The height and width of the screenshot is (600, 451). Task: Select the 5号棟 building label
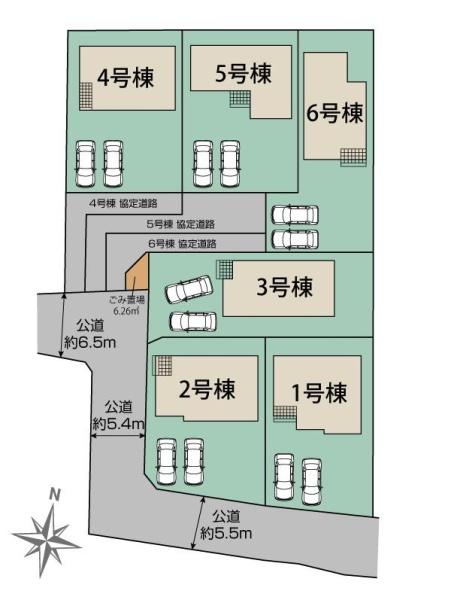pos(243,73)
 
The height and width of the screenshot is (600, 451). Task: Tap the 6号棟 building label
pos(334,113)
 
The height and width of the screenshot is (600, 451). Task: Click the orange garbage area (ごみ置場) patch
pos(137,271)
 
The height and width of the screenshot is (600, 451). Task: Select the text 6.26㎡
pos(127,311)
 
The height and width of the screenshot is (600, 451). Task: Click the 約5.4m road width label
pos(118,415)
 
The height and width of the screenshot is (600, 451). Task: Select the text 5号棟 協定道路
pos(180,224)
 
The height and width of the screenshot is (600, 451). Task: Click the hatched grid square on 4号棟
pos(86,98)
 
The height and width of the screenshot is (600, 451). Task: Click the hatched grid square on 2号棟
pos(162,366)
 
